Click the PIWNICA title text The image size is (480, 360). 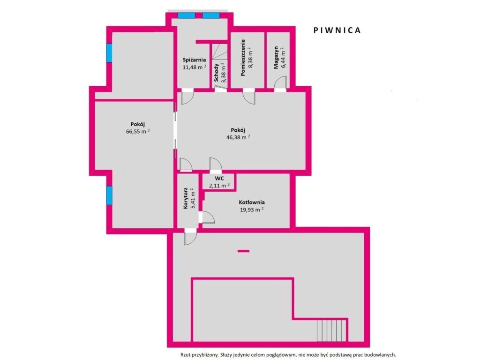point(337,30)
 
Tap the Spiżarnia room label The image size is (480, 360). point(194,60)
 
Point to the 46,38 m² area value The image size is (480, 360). point(238,137)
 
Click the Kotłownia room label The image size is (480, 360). point(252,202)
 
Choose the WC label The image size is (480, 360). point(219,179)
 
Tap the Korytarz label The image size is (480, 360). point(186,198)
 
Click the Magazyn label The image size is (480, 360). point(276,58)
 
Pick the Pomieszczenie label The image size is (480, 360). point(243,58)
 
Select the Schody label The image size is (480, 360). point(217,73)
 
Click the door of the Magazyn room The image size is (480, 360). point(280,84)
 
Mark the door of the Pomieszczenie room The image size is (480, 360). point(249,97)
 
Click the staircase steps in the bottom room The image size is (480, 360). point(331,330)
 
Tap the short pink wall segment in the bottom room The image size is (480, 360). point(243,251)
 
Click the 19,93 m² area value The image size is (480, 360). point(252,210)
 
